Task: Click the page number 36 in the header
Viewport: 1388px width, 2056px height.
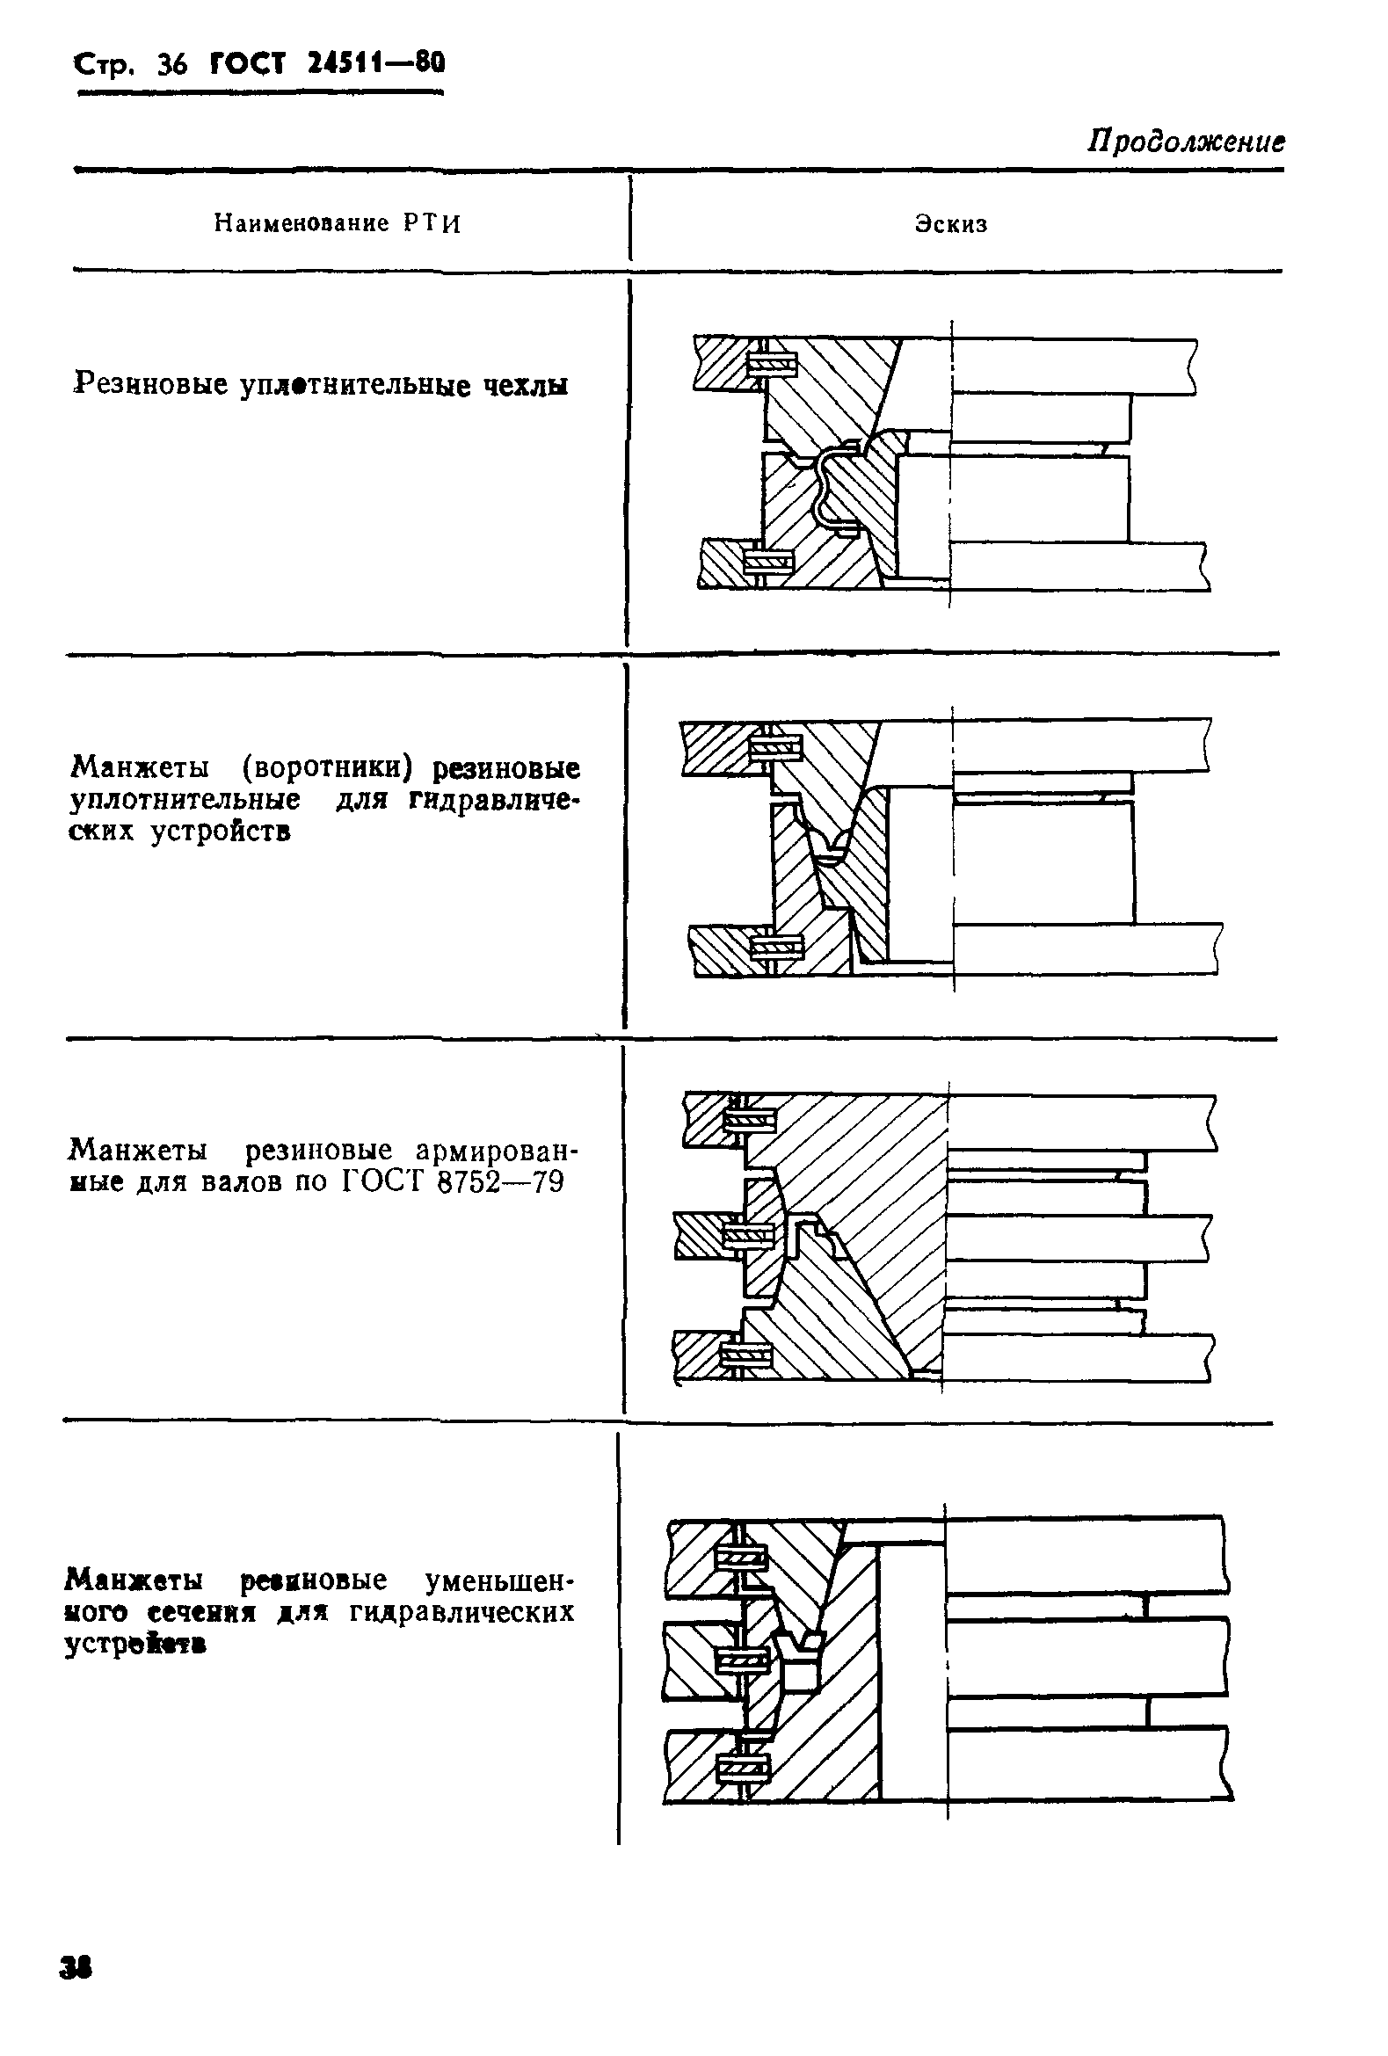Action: pos(171,64)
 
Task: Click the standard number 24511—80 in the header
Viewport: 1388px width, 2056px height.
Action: pos(376,62)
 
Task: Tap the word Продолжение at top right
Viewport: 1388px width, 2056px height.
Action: pos(1186,142)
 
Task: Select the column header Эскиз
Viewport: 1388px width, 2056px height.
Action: pos(951,224)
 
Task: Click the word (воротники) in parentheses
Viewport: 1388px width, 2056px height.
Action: pos(327,766)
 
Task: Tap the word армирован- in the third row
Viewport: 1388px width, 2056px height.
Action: pos(497,1151)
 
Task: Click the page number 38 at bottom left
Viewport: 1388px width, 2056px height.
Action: pos(76,1993)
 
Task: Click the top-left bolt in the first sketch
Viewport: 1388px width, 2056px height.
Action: pos(772,363)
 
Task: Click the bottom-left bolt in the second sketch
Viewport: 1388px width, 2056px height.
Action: pos(776,948)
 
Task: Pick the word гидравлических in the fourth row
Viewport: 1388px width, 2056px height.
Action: pos(461,1612)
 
